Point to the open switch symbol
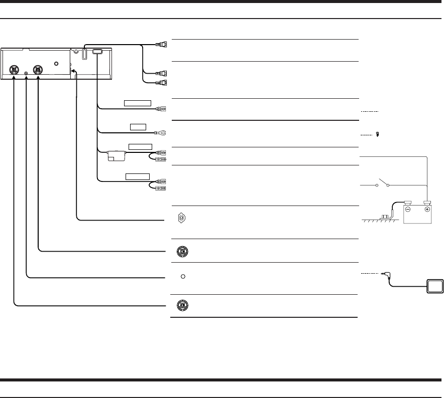pos(386,183)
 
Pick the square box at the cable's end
pos(435,287)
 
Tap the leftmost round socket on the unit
pos(14,71)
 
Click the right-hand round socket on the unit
pos(38,71)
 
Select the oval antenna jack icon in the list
pos(182,218)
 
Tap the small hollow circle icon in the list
pos(183,277)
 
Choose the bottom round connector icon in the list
pos(182,305)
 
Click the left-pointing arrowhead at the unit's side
pos(73,73)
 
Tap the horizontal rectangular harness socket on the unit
pos(97,51)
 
